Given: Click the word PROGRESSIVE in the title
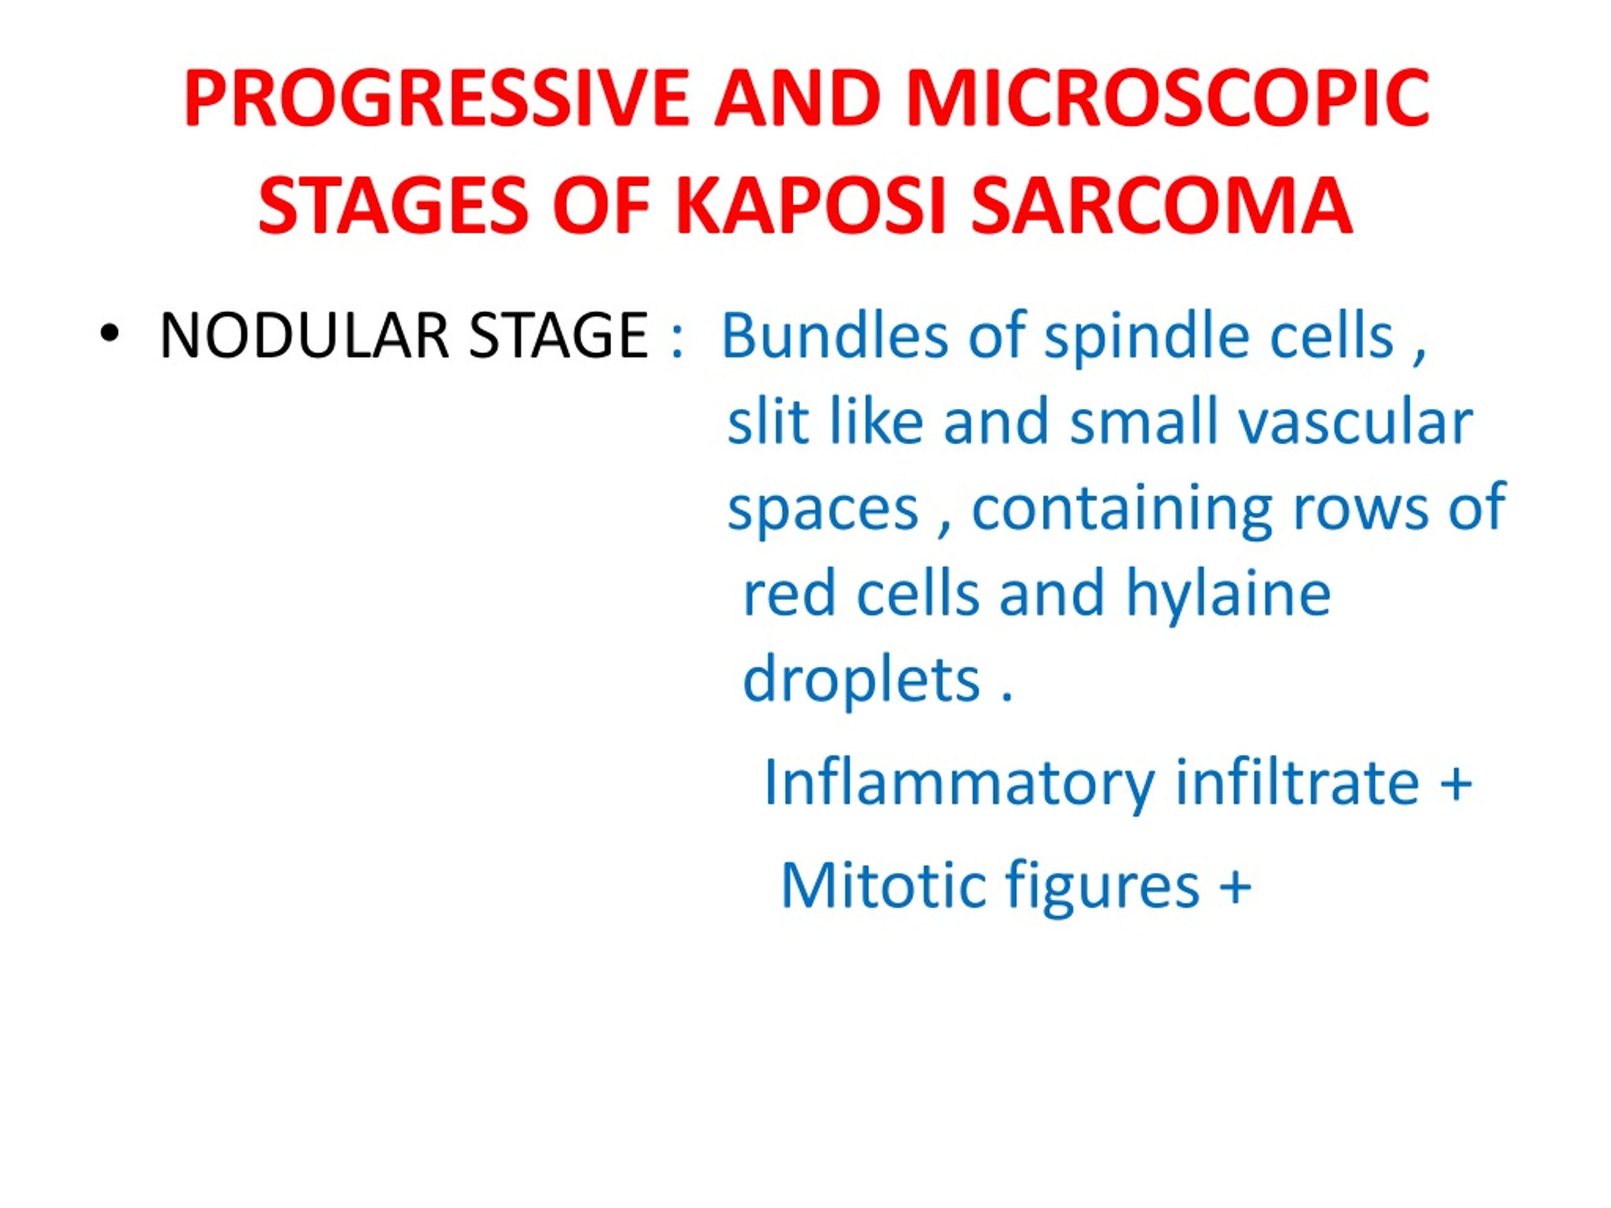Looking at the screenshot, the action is (437, 98).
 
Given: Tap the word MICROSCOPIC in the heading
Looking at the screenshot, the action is (1167, 98).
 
